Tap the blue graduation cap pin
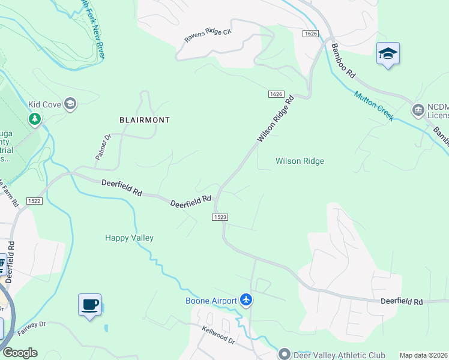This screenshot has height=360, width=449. click(x=388, y=54)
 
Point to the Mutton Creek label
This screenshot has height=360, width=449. click(x=374, y=106)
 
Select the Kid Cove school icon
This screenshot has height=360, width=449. click(x=71, y=104)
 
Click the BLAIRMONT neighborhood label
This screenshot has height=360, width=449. click(x=144, y=120)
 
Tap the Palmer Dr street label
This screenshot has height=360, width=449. click(x=104, y=146)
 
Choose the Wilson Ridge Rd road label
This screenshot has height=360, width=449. click(x=276, y=119)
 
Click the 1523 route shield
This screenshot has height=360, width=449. click(x=220, y=217)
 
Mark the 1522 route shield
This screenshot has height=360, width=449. click(x=34, y=201)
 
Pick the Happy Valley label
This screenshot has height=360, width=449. click(x=129, y=238)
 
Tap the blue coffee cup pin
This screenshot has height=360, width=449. click(x=89, y=305)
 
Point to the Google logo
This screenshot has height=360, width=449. click(x=19, y=353)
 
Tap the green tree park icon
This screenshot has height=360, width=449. click(x=35, y=119)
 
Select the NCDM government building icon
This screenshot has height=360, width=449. click(x=418, y=110)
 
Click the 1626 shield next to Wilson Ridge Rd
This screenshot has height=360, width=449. click(x=276, y=94)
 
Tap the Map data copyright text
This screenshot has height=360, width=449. click(x=423, y=355)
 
